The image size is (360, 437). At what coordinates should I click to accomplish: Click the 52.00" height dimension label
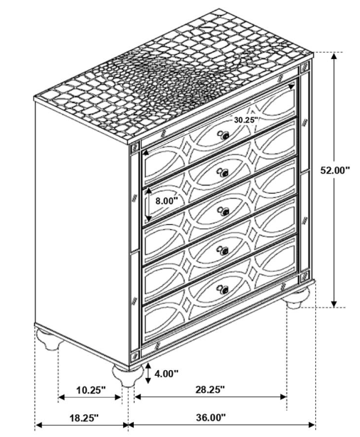(334, 170)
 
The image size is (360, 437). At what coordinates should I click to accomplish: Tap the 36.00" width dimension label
(211, 417)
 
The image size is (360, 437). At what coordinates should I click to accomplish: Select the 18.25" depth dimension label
(84, 418)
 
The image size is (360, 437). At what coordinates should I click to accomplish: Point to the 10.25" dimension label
(91, 389)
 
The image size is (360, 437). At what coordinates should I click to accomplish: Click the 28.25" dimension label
(210, 389)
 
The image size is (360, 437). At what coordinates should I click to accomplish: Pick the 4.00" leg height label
(166, 374)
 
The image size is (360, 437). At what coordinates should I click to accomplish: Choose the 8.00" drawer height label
(166, 201)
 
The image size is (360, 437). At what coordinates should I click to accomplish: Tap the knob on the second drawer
(223, 173)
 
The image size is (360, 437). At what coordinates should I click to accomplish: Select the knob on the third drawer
(223, 211)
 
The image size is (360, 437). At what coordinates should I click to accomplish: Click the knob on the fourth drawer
(223, 251)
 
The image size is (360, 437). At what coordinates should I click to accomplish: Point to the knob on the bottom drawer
(223, 290)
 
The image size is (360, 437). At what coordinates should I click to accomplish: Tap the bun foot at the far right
(298, 298)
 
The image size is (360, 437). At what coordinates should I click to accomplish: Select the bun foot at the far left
(50, 339)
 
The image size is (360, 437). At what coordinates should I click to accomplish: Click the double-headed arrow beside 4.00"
(148, 373)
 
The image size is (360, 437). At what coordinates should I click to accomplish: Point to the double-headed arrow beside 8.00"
(148, 204)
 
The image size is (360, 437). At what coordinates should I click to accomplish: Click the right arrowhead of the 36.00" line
(312, 426)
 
